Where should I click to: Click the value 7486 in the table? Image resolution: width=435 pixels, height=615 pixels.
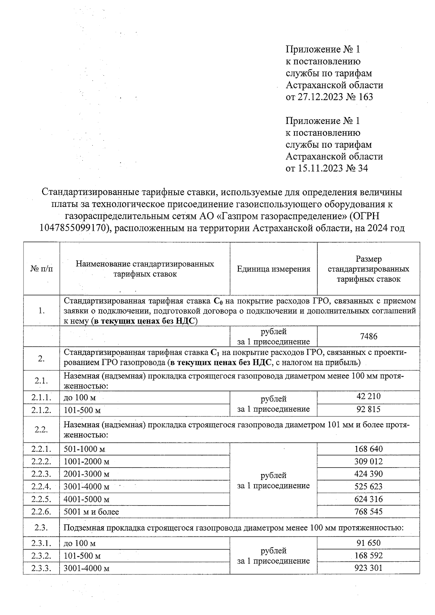pyautogui.click(x=368, y=336)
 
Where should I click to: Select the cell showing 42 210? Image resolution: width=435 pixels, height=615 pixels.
pyautogui.click(x=368, y=396)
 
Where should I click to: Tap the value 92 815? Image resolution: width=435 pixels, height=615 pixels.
pyautogui.click(x=368, y=409)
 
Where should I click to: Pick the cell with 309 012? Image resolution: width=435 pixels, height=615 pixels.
pyautogui.click(x=368, y=461)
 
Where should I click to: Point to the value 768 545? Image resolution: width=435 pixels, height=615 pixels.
pyautogui.click(x=368, y=512)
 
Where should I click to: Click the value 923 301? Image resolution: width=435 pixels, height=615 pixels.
pyautogui.click(x=368, y=568)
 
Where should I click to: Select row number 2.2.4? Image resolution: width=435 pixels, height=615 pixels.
pyautogui.click(x=41, y=486)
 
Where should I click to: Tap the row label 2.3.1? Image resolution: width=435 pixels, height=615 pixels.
pyautogui.click(x=41, y=543)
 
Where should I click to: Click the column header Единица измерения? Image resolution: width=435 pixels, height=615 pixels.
pyautogui.click(x=273, y=269)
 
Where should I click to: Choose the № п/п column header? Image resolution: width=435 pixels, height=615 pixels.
pyautogui.click(x=41, y=269)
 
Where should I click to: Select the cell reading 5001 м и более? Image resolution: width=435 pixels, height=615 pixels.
pyautogui.click(x=91, y=512)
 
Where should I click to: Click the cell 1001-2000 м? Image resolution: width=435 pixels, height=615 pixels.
pyautogui.click(x=86, y=462)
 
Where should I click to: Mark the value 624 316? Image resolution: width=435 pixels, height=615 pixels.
pyautogui.click(x=368, y=499)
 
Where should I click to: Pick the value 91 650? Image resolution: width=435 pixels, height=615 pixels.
pyautogui.click(x=368, y=543)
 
